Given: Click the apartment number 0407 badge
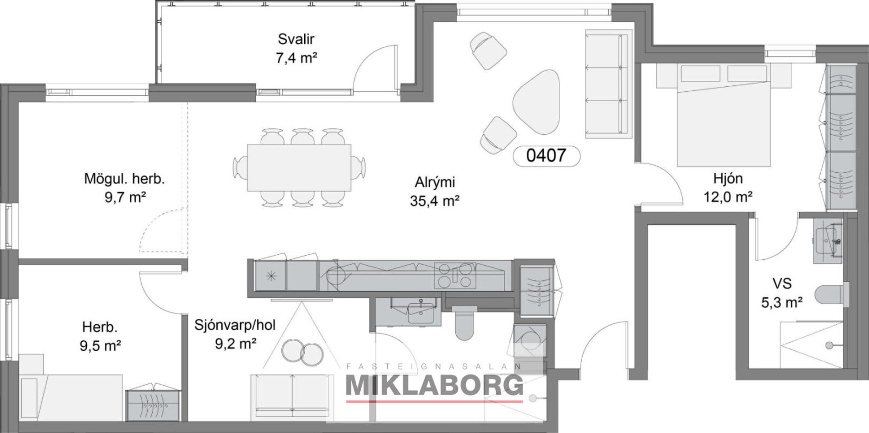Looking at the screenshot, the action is [x=546, y=156].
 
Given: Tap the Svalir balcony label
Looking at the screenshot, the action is [x=296, y=39].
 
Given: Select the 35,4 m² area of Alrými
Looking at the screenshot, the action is [x=435, y=200].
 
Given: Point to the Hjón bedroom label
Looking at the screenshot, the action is [x=728, y=179].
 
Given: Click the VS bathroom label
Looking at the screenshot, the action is [x=782, y=284].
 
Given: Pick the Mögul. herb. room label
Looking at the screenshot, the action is [x=124, y=179].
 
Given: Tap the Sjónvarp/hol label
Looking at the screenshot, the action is [x=235, y=325].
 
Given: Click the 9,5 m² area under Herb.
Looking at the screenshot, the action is [x=100, y=346].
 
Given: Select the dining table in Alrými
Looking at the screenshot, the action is [x=299, y=168].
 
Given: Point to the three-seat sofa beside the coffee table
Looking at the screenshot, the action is [x=608, y=84].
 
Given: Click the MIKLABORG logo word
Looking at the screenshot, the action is [x=434, y=385].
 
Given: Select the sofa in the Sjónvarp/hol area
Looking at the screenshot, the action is [x=292, y=397].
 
